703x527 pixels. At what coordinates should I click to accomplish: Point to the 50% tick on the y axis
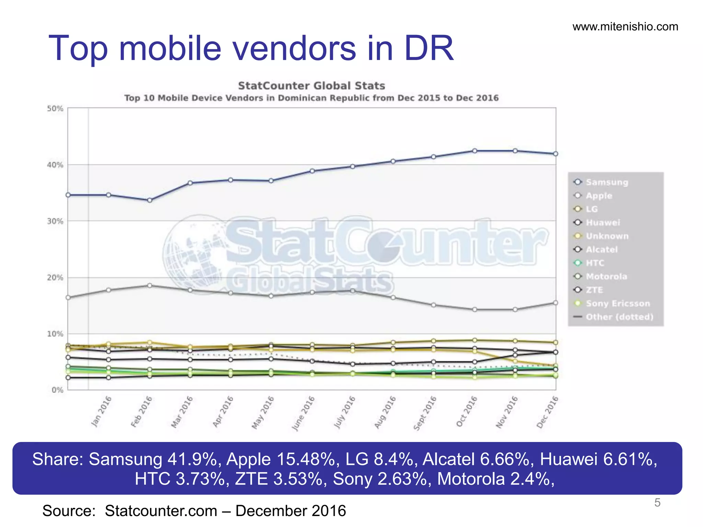[55, 109]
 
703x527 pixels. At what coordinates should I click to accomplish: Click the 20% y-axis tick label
[55, 278]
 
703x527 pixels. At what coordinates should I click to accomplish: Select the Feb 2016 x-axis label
[141, 411]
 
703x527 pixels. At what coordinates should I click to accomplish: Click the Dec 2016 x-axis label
[548, 412]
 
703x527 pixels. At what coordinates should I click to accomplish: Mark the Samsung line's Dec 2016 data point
[555, 154]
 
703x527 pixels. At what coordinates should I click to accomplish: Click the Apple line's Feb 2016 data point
[150, 285]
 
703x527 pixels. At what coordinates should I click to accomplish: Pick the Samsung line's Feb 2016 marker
[150, 200]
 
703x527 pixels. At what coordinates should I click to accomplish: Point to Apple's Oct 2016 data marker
[475, 309]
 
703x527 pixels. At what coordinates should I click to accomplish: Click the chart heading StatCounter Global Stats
[311, 86]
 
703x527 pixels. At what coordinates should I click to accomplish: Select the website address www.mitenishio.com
[625, 27]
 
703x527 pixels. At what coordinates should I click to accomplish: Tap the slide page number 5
[657, 503]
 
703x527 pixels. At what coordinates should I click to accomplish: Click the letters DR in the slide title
[429, 48]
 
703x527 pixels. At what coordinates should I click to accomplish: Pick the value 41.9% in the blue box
[194, 459]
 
